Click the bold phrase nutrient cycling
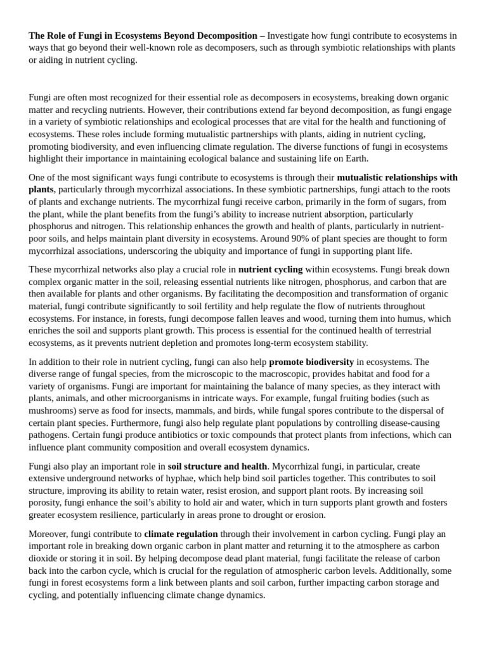[x=270, y=269]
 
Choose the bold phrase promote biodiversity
[x=311, y=361]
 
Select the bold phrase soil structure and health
[x=217, y=466]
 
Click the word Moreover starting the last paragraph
[x=48, y=534]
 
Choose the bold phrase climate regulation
[x=181, y=534]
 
